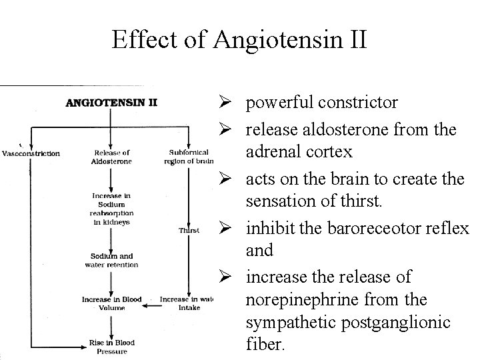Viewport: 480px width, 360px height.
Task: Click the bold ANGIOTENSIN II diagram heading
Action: [x=111, y=103]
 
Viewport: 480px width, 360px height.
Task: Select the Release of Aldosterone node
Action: [x=112, y=157]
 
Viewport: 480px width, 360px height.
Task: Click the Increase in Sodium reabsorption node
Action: [x=112, y=208]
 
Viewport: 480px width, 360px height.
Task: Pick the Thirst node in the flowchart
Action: [x=189, y=231]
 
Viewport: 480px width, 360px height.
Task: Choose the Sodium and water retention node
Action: [x=112, y=260]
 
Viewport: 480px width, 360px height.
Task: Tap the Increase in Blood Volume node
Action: [x=112, y=303]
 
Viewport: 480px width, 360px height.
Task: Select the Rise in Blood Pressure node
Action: [x=112, y=346]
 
